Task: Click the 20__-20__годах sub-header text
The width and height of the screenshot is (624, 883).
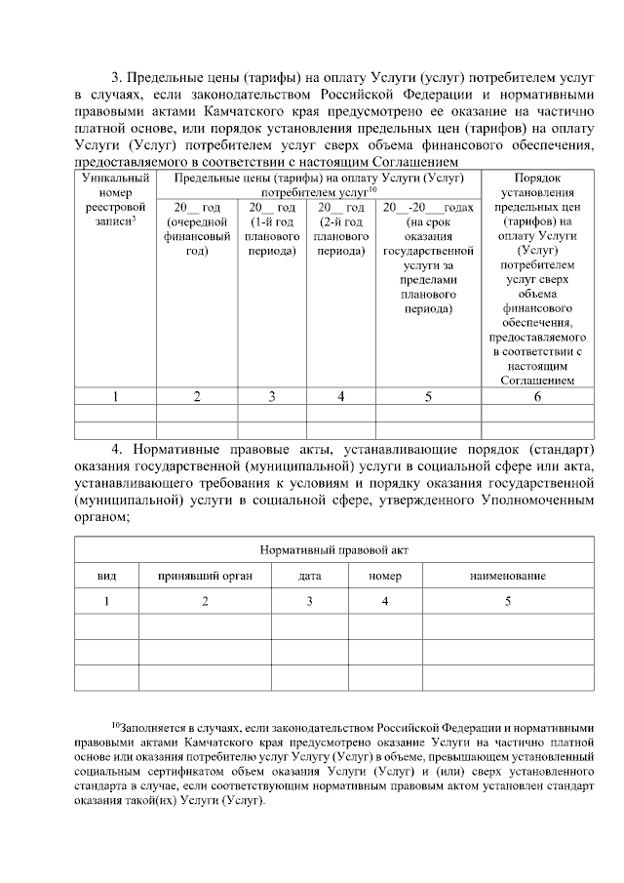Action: (428, 208)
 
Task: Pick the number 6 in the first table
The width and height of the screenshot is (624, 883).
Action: (537, 396)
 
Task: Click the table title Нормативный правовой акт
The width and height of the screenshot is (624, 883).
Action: (334, 549)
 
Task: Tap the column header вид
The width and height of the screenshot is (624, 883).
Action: (107, 576)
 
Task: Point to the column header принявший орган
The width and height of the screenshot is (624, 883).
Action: (205, 576)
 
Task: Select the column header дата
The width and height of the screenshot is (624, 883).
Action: (310, 576)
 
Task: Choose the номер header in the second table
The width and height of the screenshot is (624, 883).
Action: (385, 576)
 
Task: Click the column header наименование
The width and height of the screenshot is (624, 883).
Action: (507, 576)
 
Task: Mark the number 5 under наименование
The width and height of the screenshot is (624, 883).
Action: (507, 601)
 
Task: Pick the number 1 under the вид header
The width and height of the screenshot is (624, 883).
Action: (107, 601)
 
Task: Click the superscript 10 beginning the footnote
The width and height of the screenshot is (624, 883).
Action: (114, 725)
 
